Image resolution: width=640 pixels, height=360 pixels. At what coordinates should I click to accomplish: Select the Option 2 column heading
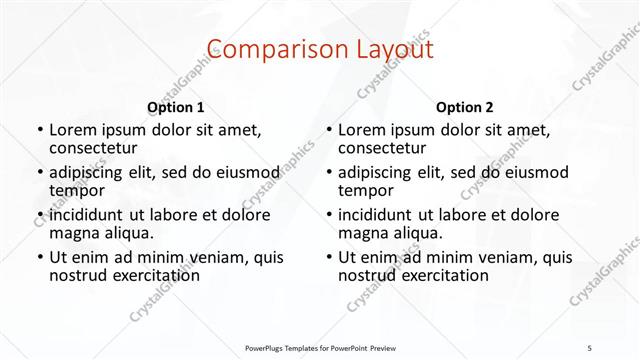pos(464,107)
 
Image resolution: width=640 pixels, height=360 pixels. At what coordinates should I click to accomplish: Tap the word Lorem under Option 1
pos(73,130)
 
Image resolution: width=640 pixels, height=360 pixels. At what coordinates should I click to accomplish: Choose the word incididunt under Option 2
pos(381,214)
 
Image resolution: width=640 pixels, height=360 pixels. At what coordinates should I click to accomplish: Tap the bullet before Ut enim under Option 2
pos(328,256)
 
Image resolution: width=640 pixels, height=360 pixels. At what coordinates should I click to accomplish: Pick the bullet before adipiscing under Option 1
pos(39,172)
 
